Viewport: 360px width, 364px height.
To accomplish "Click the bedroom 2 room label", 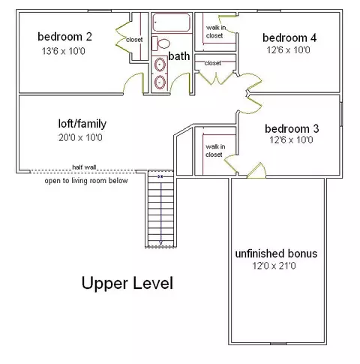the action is (64, 37).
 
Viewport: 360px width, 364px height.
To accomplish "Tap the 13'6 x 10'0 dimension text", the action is (63, 51).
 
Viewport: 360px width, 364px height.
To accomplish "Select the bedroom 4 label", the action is (289, 38).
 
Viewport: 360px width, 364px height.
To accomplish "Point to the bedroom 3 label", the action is (292, 128).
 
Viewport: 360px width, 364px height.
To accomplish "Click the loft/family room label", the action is (82, 124).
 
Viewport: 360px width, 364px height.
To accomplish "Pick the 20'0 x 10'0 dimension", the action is (80, 137).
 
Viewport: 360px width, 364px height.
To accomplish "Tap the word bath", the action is (178, 56).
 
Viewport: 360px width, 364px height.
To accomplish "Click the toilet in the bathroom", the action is (160, 44).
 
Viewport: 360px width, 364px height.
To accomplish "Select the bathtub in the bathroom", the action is (172, 23).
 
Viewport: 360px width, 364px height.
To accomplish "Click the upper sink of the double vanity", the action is (160, 65).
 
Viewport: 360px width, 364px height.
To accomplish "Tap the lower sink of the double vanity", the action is (160, 82).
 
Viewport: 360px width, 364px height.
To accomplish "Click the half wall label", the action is (84, 167).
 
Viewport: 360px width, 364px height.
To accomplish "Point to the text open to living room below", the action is (86, 181).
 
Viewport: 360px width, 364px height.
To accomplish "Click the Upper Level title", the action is (127, 283).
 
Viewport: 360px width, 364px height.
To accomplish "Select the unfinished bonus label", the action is (276, 254).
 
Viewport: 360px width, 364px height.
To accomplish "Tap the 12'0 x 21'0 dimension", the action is (274, 266).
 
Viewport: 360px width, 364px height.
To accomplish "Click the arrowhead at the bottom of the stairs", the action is (160, 243).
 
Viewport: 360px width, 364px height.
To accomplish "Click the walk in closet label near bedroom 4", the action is (215, 32).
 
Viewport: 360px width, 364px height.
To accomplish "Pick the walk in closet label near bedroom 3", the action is (215, 151).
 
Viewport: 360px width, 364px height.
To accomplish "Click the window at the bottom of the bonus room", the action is (278, 344).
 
